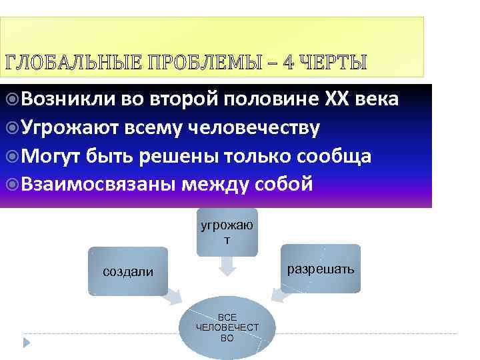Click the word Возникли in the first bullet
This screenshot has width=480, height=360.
click(68, 100)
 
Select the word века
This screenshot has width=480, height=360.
click(377, 100)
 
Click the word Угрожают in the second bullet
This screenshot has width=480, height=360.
click(70, 127)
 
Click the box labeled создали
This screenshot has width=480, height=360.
click(127, 271)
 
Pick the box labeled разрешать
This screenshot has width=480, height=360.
click(321, 269)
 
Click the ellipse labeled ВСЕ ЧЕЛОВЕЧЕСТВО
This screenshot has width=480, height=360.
click(227, 327)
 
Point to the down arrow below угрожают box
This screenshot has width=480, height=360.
click(227, 267)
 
